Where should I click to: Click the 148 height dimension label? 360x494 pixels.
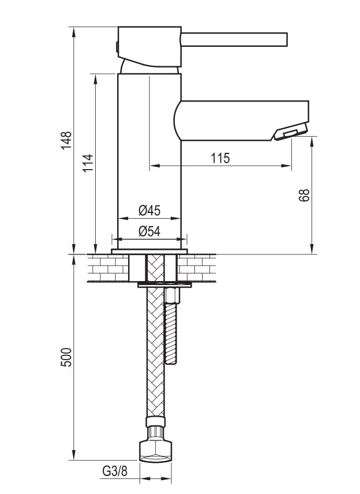pos(67,140)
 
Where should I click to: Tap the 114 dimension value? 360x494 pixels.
pos(88,163)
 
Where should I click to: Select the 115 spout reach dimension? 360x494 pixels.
pos(220,158)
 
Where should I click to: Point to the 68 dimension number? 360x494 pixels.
pos(305,195)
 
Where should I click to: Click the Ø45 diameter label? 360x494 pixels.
pos(149,210)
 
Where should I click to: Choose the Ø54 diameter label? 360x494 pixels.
pos(149,231)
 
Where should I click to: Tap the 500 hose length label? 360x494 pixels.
pos(67,357)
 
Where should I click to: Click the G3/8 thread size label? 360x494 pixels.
pos(115,471)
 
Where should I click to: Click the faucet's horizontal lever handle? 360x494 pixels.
pos(234,40)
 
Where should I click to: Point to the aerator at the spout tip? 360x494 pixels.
pos(291,132)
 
